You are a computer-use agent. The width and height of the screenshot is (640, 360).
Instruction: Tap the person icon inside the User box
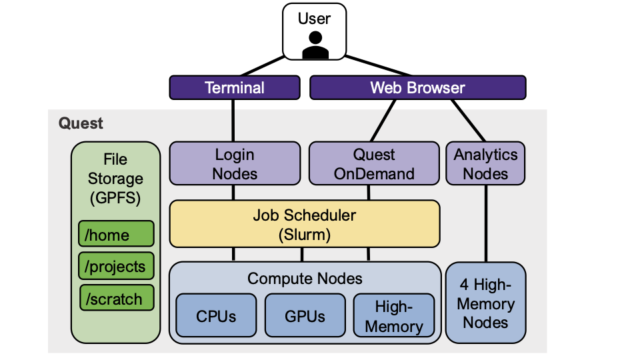click(x=315, y=46)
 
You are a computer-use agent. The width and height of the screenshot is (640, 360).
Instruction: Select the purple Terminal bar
click(x=234, y=87)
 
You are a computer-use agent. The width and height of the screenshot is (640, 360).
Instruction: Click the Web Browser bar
click(x=417, y=87)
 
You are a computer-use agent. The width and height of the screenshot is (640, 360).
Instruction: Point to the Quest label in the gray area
click(x=81, y=123)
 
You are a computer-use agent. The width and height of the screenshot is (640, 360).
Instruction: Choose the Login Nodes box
click(x=234, y=164)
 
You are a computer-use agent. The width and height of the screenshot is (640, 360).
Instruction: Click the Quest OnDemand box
click(x=374, y=164)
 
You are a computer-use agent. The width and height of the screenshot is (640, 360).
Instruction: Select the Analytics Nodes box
click(x=485, y=164)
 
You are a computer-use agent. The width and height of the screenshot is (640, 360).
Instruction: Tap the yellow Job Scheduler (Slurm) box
click(x=304, y=225)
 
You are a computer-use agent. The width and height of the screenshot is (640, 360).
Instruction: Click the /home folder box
click(x=116, y=234)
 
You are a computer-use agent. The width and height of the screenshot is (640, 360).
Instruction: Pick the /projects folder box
click(x=116, y=266)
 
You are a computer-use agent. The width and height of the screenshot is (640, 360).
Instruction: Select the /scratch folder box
click(x=116, y=299)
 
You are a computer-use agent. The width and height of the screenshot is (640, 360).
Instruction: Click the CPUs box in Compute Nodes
click(x=215, y=315)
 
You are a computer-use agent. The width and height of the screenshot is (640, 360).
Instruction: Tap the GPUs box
click(x=305, y=315)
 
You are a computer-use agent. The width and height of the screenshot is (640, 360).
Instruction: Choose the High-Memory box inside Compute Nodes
click(x=393, y=316)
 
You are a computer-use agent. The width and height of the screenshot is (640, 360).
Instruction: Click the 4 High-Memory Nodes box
click(x=485, y=303)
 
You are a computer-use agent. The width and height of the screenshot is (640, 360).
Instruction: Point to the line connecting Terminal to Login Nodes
click(x=234, y=120)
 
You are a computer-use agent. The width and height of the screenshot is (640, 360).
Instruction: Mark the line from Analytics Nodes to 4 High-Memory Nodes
click(x=485, y=223)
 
